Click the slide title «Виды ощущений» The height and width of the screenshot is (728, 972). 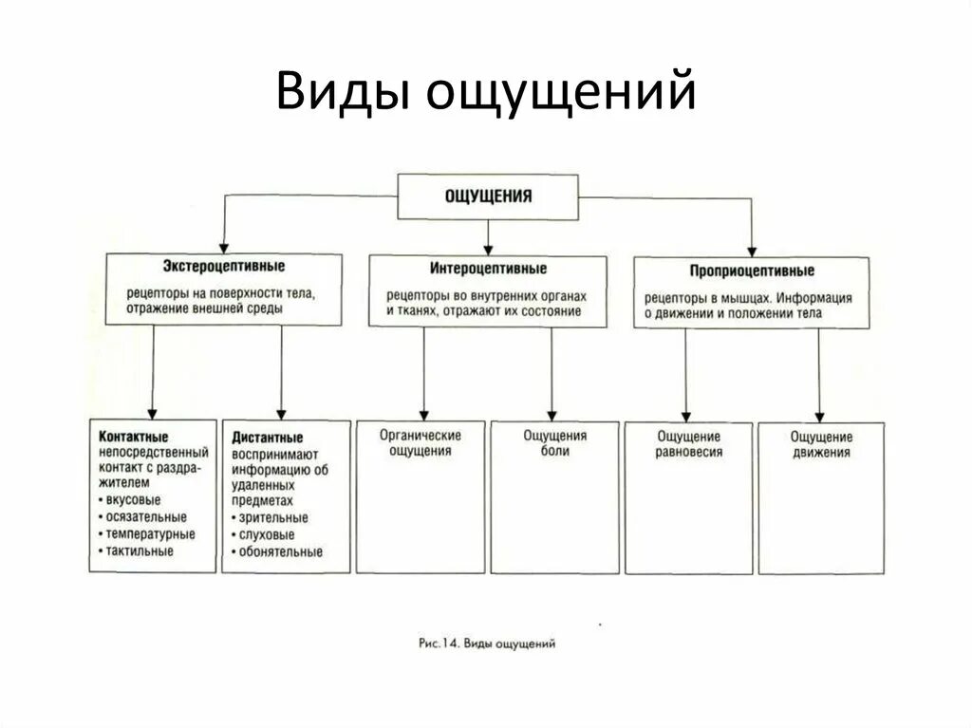(x=486, y=95)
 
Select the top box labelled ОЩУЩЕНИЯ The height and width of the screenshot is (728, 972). (x=488, y=196)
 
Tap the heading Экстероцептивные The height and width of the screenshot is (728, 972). (x=223, y=267)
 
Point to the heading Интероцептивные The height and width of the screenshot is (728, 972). (x=488, y=269)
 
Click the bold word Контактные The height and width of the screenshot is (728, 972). (x=134, y=437)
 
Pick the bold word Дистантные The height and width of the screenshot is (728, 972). (x=268, y=439)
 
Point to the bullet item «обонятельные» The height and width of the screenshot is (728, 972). (x=281, y=551)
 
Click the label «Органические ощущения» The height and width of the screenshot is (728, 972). (x=421, y=443)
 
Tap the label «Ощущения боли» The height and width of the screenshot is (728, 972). (x=555, y=443)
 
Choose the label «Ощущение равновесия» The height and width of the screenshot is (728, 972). (x=688, y=444)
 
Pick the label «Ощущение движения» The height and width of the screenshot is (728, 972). (x=821, y=445)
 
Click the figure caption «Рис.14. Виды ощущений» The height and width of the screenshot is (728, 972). (x=486, y=644)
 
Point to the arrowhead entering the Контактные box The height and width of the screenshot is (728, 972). (x=153, y=411)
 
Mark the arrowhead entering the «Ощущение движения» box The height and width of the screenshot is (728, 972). (x=820, y=415)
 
